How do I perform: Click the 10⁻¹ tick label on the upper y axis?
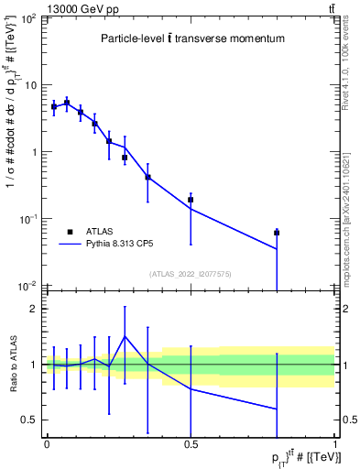tap(28, 219)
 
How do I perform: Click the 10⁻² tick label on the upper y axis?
tap(28, 286)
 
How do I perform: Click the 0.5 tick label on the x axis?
tap(191, 444)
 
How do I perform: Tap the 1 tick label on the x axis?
tap(335, 444)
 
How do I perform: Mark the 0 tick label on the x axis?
tap(47, 444)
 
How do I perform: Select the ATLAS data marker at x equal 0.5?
tap(191, 199)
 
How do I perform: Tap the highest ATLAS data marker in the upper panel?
tap(67, 103)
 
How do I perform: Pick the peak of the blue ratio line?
tap(125, 336)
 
